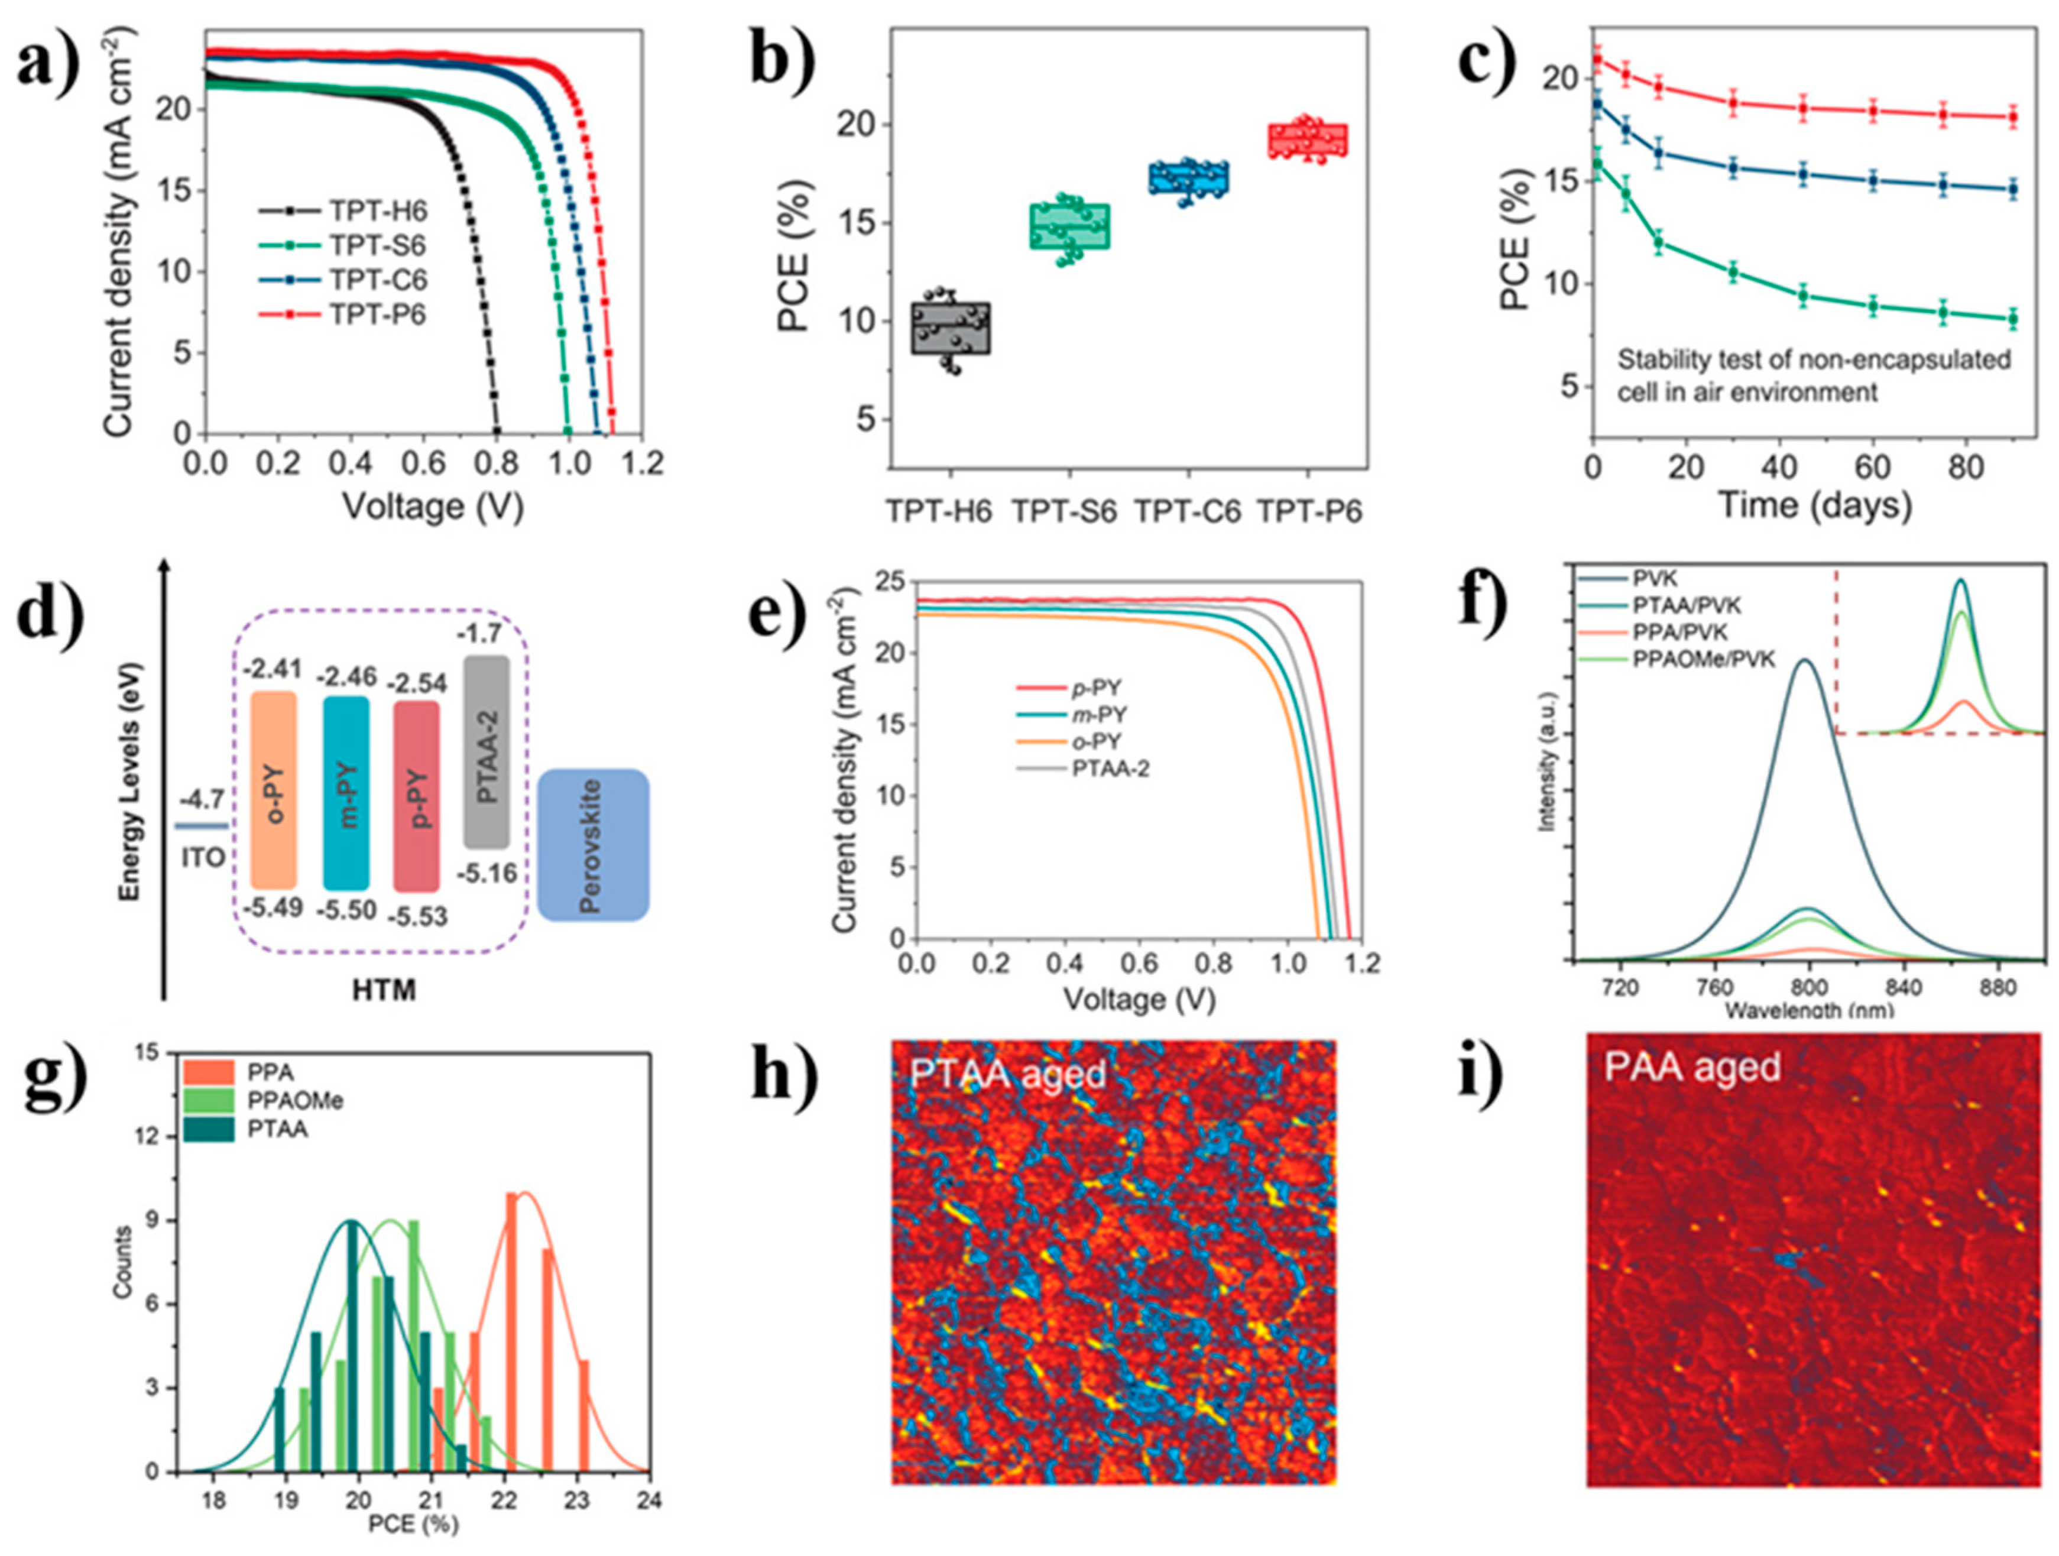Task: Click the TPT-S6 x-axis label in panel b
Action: (1064, 512)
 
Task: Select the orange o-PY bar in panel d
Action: (274, 789)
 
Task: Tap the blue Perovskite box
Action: (593, 845)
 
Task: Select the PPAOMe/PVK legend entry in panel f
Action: (1704, 659)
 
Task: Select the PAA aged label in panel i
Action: (1691, 1066)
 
